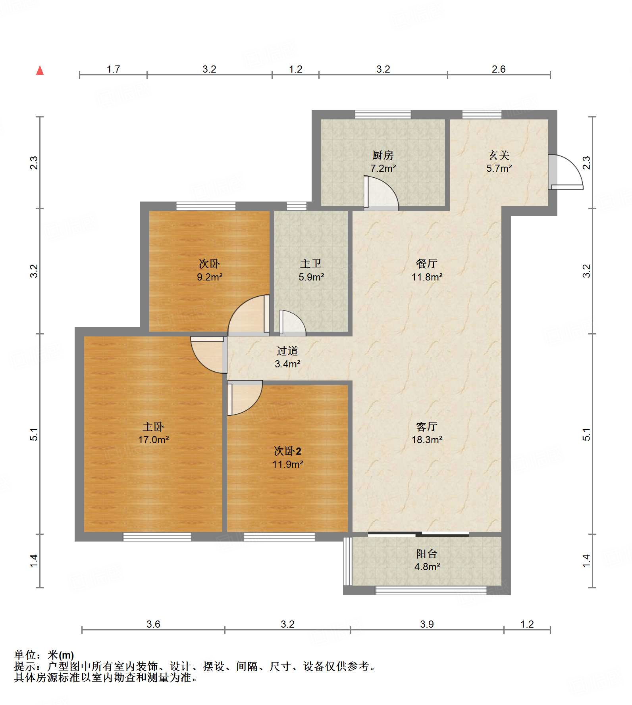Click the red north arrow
click(x=40, y=70)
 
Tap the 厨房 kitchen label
click(x=383, y=155)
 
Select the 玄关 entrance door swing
click(x=566, y=172)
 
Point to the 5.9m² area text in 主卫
click(x=311, y=277)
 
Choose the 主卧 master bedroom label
click(x=153, y=426)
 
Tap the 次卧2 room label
click(x=287, y=451)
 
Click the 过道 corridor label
click(x=287, y=351)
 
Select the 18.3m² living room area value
click(x=427, y=440)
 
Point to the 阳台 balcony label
click(x=427, y=553)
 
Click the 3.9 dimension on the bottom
click(x=427, y=624)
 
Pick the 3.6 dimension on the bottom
click(x=153, y=624)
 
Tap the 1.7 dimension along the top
click(x=113, y=69)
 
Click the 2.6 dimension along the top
click(x=499, y=69)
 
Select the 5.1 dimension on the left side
click(x=34, y=434)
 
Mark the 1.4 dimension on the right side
click(x=586, y=561)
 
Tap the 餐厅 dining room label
click(x=427, y=263)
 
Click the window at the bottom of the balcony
click(x=431, y=590)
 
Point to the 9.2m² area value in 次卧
click(x=210, y=277)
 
